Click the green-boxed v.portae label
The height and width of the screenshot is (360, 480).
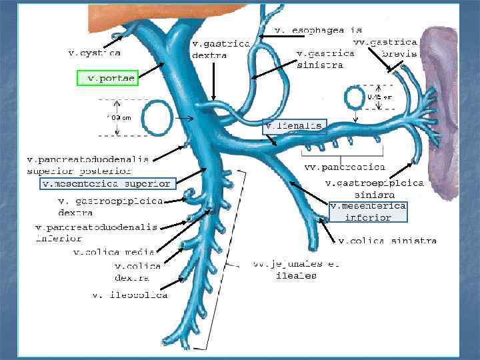point(107,79)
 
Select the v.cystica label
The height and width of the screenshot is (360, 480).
point(95,52)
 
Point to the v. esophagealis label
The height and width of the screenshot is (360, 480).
point(319,30)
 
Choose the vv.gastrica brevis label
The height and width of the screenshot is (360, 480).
point(385,47)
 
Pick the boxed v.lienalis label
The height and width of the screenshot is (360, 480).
point(294,126)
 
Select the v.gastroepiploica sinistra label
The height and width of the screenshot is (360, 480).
point(374,188)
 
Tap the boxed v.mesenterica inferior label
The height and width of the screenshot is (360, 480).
point(368,212)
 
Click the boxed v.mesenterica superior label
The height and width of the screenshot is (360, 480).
point(107,183)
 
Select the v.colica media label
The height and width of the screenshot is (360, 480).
point(114,252)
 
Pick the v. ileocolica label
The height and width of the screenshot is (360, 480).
point(129,295)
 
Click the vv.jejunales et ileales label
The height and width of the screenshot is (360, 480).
point(296,269)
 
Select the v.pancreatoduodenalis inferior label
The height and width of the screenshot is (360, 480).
point(96,231)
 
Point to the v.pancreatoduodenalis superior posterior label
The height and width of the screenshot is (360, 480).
point(87,164)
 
